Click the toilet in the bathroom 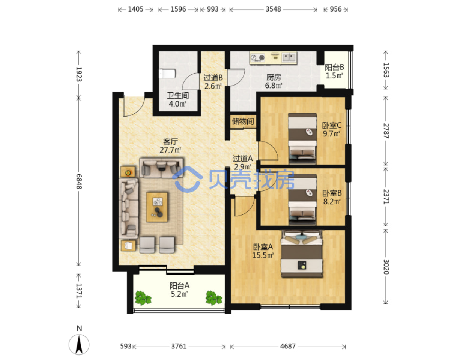(167, 73)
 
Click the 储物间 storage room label (243, 121)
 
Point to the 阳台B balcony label (334, 67)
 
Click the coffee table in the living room (157, 207)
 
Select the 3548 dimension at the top (273, 9)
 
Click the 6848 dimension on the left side (79, 181)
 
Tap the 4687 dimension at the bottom (288, 346)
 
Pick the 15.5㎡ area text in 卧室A (263, 255)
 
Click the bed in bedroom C (302, 139)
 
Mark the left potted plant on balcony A (143, 298)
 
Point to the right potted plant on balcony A (213, 298)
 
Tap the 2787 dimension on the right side (386, 131)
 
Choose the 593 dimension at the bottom (126, 346)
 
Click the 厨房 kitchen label (274, 77)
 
